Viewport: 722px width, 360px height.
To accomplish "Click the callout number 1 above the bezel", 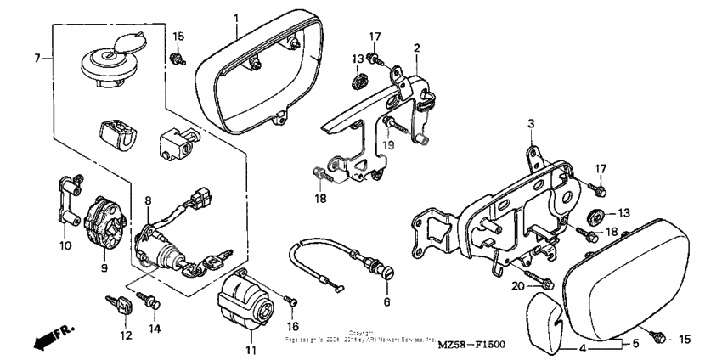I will [x=236, y=18].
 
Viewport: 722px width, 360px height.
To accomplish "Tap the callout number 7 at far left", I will [x=37, y=59].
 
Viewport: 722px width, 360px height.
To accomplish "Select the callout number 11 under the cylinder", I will [x=249, y=350].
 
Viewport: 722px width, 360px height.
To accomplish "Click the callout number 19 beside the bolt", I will [x=388, y=145].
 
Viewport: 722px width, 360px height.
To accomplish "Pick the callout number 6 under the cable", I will [x=386, y=301].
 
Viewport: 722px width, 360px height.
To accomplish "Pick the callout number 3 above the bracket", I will [x=530, y=123].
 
